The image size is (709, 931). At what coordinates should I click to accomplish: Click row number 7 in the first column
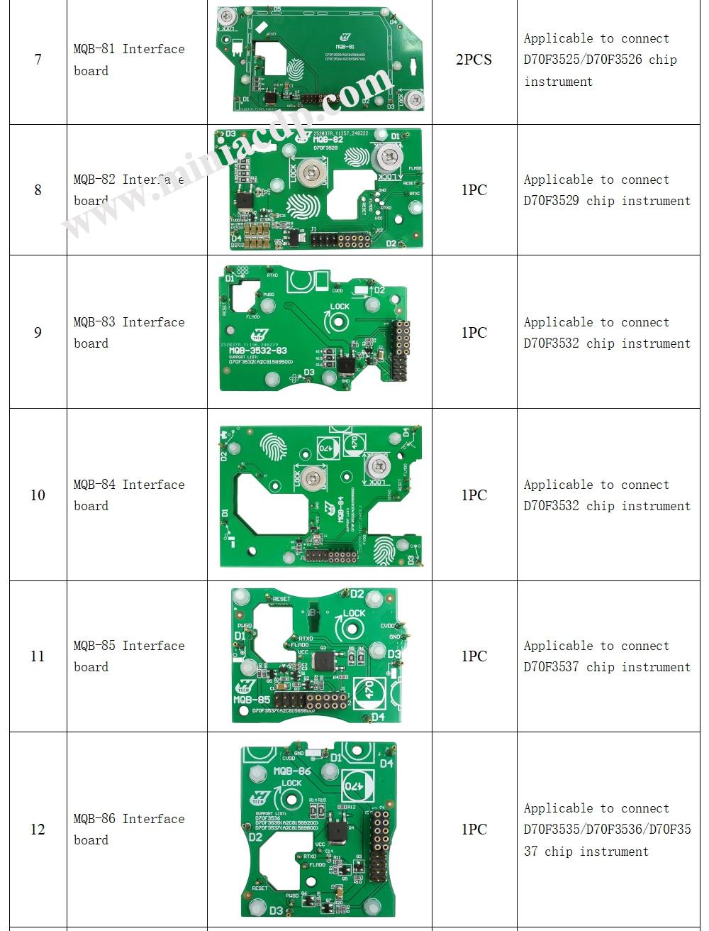click(x=38, y=60)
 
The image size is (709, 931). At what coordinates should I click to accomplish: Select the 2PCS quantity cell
click(x=474, y=60)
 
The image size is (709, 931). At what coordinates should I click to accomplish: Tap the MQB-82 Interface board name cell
click(x=128, y=190)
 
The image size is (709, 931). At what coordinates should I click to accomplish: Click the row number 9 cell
click(x=38, y=332)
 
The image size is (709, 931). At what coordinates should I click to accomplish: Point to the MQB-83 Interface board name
click(x=128, y=332)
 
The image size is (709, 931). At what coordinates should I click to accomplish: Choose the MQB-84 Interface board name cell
click(x=128, y=495)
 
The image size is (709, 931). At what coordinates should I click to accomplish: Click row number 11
click(x=38, y=656)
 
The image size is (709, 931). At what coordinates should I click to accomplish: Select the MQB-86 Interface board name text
click(x=128, y=829)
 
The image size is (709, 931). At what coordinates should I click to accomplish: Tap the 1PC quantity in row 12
click(x=474, y=829)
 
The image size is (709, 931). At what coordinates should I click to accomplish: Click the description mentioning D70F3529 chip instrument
click(x=606, y=190)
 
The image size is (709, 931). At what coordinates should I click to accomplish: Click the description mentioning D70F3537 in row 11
click(x=606, y=656)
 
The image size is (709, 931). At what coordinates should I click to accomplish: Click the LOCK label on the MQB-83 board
click(x=340, y=307)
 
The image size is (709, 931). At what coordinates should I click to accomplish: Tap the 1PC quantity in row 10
click(x=474, y=495)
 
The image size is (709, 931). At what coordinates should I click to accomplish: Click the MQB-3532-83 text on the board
click(x=257, y=351)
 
